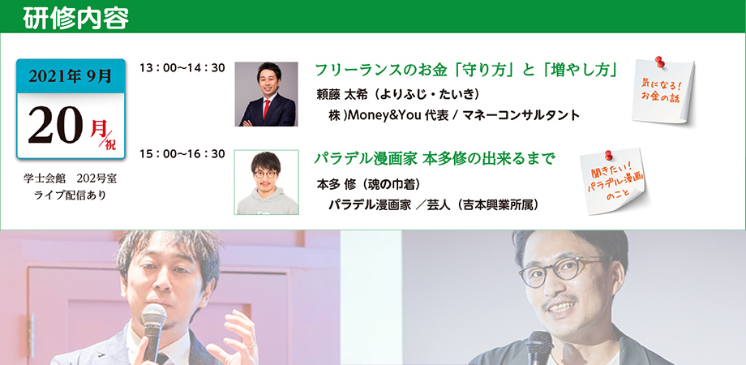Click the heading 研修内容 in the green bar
[75, 19]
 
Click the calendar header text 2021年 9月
[71, 76]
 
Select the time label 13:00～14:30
[182, 68]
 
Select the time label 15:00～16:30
[182, 154]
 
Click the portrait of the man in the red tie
[267, 94]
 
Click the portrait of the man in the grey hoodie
[267, 182]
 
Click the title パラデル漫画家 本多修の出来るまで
[435, 158]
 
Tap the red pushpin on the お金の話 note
[659, 62]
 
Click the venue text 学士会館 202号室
[70, 179]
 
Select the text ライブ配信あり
[70, 195]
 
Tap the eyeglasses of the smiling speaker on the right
[561, 270]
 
